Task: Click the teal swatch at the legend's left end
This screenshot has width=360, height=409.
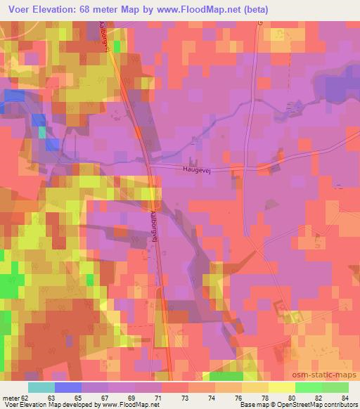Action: click(41, 387)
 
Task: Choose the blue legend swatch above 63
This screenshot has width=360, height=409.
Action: click(68, 387)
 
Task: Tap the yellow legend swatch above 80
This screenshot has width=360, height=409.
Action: click(281, 387)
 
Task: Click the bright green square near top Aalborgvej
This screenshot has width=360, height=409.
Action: click(117, 46)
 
